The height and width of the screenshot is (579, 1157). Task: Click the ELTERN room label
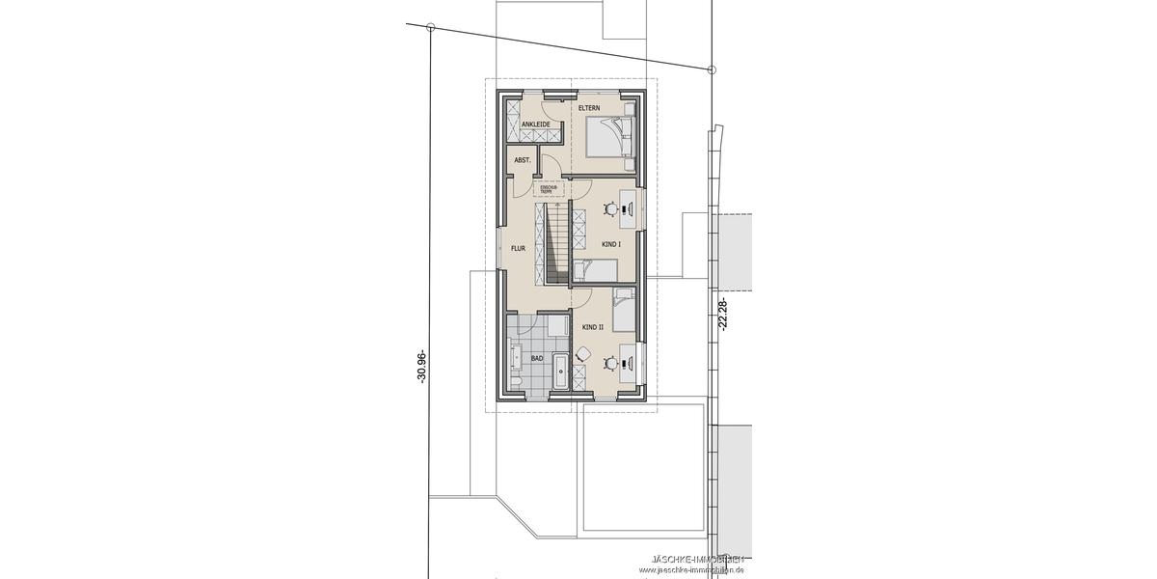pos(589,109)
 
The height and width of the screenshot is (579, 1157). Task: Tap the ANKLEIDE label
pos(535,125)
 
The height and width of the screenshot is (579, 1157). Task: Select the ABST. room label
pos(522,160)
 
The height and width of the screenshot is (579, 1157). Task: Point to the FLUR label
pos(518,248)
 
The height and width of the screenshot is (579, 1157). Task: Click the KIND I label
pos(610,245)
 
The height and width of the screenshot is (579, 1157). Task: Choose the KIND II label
pos(592,327)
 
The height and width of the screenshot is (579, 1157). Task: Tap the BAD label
pos(536,359)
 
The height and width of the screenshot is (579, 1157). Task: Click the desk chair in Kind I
pos(609,208)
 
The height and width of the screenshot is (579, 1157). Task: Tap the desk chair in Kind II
pos(609,363)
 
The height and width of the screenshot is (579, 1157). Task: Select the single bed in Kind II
pos(623,310)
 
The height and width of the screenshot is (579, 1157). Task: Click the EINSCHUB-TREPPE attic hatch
pos(547,189)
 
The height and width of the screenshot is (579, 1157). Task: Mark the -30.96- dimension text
pos(421,367)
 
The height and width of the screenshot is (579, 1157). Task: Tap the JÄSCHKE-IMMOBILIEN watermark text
pos(696,560)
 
